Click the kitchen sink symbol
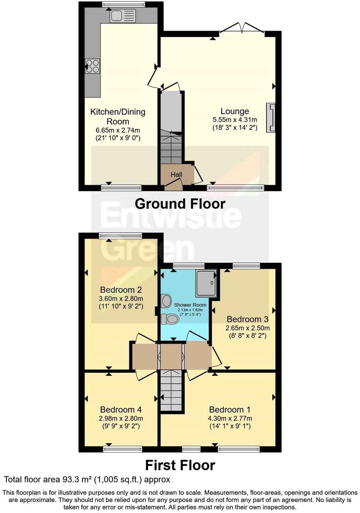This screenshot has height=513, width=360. click(122, 15)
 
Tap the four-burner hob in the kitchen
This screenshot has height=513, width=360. click(92, 66)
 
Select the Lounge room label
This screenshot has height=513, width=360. click(235, 111)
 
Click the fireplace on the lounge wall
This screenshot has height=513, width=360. click(271, 118)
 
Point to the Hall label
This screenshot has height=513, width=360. click(176, 174)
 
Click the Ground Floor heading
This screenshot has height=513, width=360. click(180, 204)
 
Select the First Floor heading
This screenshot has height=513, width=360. click(180, 465)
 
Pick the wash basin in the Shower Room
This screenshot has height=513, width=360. click(166, 301)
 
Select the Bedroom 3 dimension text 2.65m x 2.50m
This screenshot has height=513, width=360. click(248, 328)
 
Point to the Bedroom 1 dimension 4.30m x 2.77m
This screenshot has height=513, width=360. click(230, 418)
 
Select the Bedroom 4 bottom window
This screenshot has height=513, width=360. click(123, 449)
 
